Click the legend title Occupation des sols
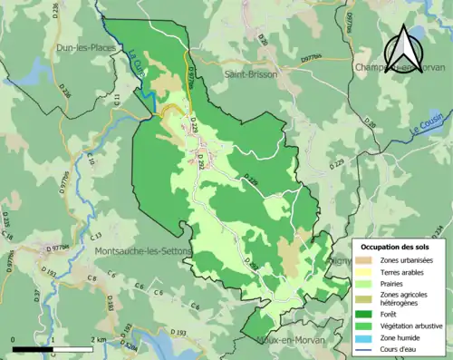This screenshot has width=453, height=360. pos(395,247)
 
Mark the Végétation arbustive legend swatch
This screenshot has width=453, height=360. pos(367,329)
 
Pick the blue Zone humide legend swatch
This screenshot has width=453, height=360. pos(367,341)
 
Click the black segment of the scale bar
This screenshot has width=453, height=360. pos(33,347)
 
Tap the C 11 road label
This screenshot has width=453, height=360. pos(118,101)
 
